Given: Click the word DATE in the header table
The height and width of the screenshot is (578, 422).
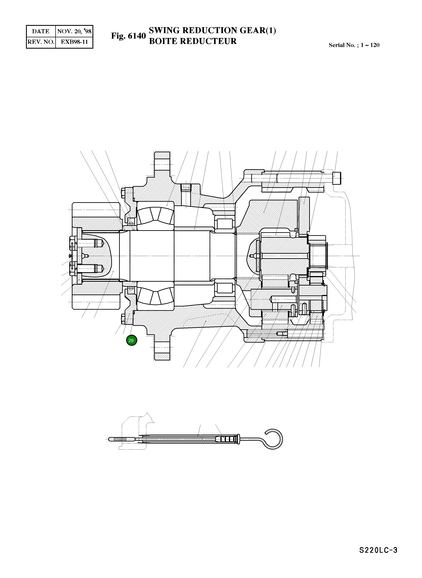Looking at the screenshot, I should click(41, 31).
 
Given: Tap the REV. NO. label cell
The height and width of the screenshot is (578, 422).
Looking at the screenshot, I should click(41, 42).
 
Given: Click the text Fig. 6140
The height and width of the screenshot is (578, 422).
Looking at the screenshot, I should click(128, 36).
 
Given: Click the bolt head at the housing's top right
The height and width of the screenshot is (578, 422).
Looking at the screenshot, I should click(337, 178).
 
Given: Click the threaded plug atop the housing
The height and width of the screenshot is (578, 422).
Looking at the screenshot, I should click(186, 188).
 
